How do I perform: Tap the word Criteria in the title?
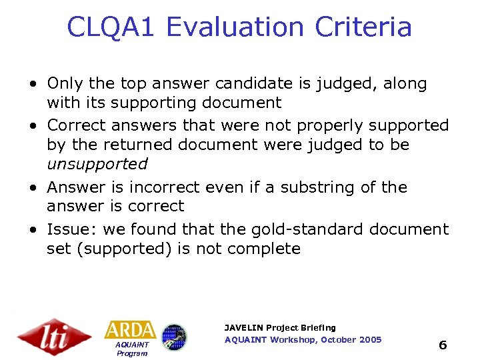click(363, 27)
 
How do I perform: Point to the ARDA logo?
click(130, 330)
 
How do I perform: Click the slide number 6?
click(442, 345)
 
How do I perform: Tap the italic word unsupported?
click(97, 164)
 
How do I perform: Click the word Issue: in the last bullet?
click(70, 229)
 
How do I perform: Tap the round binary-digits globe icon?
click(175, 337)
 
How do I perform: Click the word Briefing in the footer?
click(318, 327)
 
